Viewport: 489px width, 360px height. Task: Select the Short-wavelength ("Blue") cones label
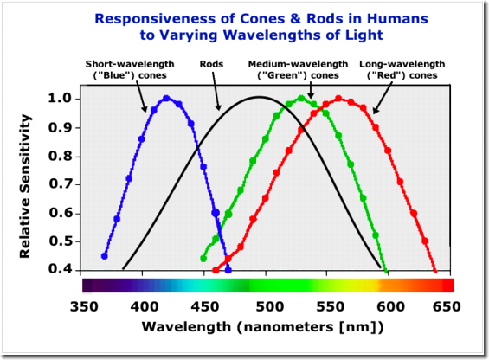click(132, 69)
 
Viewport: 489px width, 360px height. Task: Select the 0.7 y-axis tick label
click(61, 183)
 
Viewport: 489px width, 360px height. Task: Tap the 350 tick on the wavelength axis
click(82, 306)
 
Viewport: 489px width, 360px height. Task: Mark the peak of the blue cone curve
click(166, 98)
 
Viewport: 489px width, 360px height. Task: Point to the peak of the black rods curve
click(258, 98)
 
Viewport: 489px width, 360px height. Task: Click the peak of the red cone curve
click(338, 98)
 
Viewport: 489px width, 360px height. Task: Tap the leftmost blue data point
click(105, 256)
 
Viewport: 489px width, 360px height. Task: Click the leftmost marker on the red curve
click(216, 269)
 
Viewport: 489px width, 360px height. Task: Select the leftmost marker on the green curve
click(204, 258)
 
